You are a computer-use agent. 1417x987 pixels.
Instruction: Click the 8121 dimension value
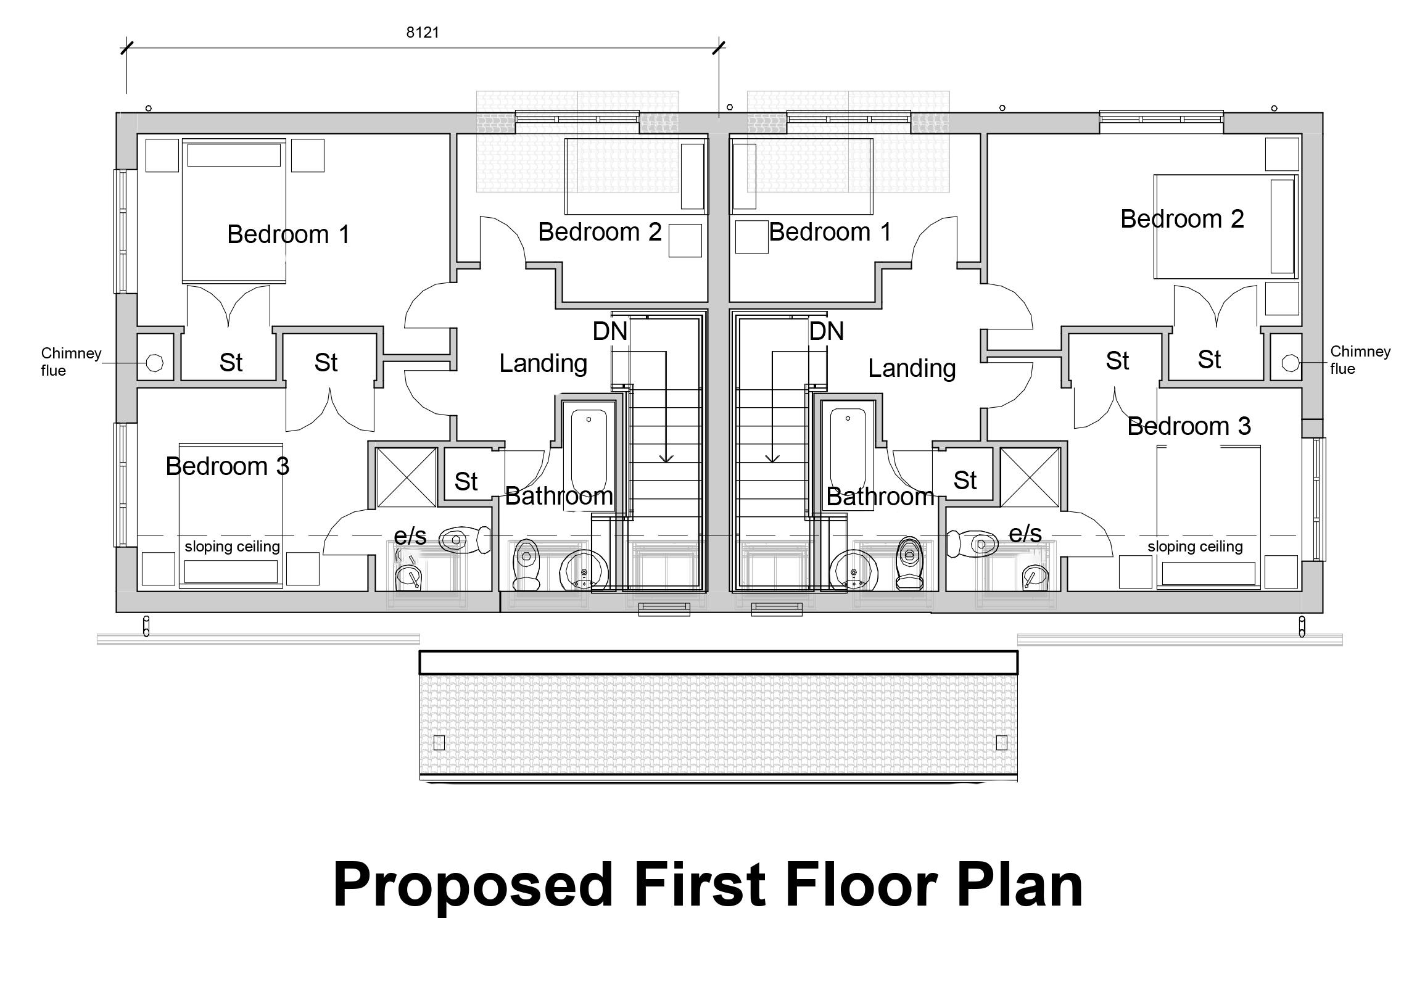point(422,33)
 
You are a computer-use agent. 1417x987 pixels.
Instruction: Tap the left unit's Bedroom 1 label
point(288,234)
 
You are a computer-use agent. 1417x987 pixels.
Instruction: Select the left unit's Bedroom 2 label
point(599,232)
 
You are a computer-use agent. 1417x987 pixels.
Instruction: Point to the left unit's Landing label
point(542,363)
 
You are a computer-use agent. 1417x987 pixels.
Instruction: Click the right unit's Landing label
point(912,368)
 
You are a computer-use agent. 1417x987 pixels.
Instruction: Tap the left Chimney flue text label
point(70,361)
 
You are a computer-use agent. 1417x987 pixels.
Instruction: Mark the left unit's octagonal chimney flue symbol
point(155,363)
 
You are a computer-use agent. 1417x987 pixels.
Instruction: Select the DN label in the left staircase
point(609,332)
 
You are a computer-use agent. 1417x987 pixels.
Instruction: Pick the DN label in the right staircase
point(826,332)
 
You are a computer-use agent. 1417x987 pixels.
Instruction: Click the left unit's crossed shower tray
point(406,477)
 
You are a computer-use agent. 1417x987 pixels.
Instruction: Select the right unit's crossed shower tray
point(1030,477)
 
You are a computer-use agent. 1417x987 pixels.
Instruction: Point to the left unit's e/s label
point(410,537)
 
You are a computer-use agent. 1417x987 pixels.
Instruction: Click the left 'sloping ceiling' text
point(232,547)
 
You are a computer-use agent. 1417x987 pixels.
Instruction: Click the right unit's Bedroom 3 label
point(1188,426)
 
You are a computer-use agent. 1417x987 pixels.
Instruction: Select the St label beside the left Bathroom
point(466,481)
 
